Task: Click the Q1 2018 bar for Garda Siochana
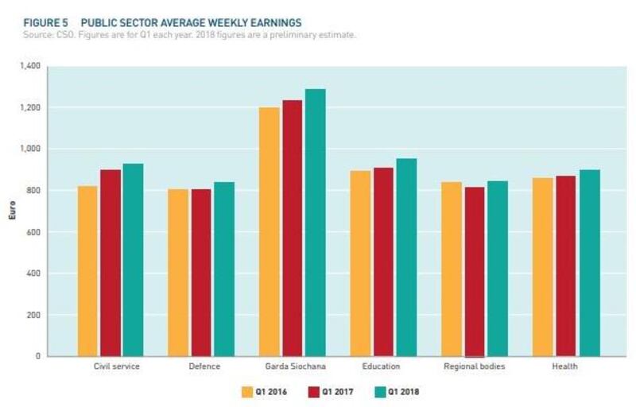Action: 316,223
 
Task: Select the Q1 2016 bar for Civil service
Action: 88,271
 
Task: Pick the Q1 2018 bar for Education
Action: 406,258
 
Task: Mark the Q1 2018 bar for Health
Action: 589,263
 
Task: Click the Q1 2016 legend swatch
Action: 246,391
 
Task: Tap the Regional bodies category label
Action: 474,366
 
